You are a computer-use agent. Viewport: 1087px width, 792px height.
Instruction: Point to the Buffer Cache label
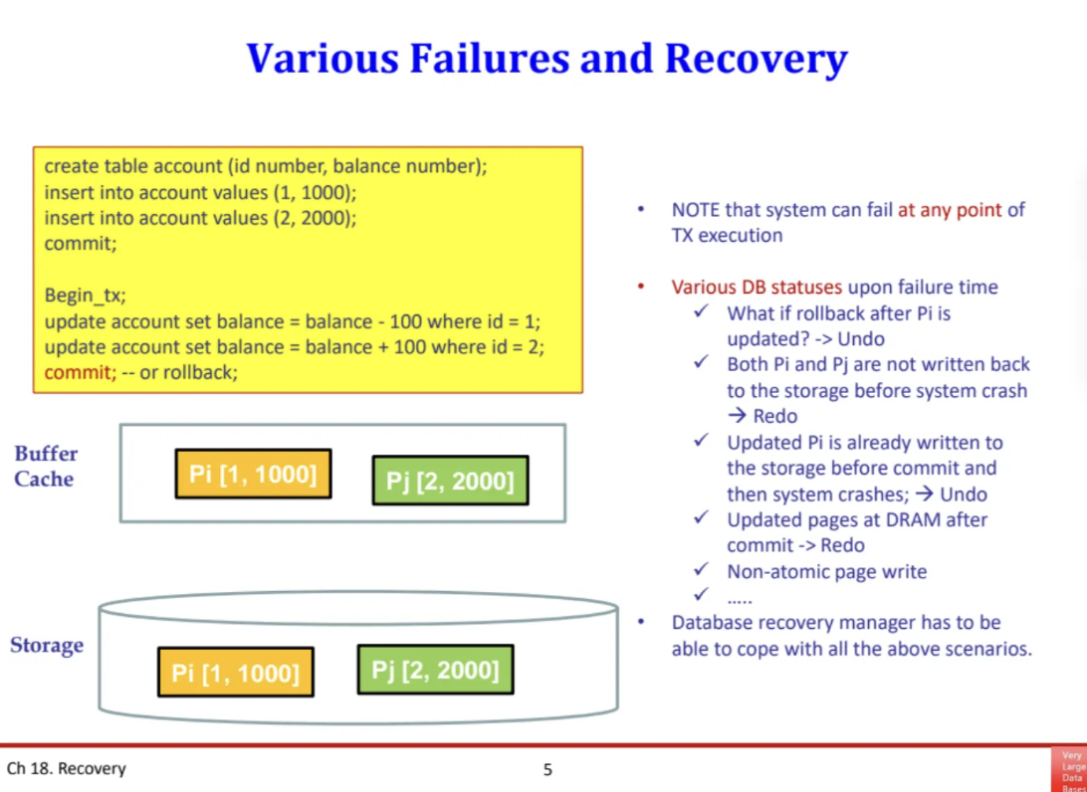45,466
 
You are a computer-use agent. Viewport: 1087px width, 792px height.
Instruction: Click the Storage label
47,645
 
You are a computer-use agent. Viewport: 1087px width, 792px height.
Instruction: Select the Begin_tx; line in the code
86,295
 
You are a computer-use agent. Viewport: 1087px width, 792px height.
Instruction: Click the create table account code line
266,166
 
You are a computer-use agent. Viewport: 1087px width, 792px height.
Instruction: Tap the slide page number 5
547,769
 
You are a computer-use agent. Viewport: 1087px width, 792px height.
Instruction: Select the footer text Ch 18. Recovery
67,769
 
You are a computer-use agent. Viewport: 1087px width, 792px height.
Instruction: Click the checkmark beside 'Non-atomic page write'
702,571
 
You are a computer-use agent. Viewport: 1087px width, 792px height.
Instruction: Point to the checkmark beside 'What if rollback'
702,312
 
